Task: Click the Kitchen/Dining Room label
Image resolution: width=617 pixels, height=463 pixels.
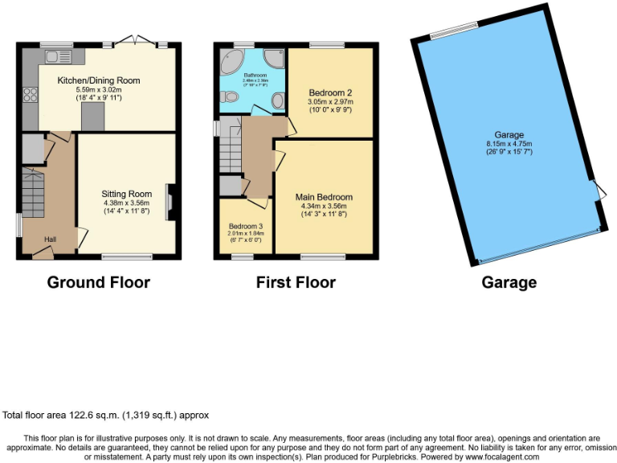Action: point(99,80)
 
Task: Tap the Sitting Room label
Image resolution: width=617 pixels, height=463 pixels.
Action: point(127,194)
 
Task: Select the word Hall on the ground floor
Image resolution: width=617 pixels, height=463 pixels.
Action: point(50,240)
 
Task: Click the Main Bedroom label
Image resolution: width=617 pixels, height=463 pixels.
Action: point(324,197)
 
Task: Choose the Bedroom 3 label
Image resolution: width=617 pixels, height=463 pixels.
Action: point(246,226)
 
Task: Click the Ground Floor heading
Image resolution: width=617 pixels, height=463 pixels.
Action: point(98,282)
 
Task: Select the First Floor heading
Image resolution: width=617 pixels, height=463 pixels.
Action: point(296,282)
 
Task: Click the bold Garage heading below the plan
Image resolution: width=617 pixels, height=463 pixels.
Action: point(509,282)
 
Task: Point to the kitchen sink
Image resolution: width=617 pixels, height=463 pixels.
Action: point(58,56)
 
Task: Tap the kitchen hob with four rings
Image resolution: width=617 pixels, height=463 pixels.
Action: point(31,95)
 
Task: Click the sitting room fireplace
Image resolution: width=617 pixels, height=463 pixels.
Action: point(169,202)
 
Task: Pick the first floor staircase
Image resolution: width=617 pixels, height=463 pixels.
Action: point(232,149)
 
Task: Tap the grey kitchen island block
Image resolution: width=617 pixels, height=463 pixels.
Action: point(92,117)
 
